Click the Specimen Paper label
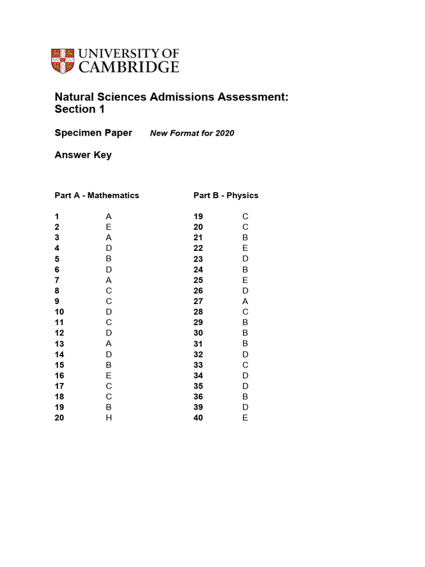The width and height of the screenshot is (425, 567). (93, 133)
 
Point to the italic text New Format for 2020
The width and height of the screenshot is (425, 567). (192, 133)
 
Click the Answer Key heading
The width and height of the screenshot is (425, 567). (83, 155)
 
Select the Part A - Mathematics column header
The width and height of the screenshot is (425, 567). (97, 195)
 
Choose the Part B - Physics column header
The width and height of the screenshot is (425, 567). (226, 195)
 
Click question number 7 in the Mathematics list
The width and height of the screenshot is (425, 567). (57, 280)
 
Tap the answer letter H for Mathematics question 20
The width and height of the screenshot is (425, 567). (109, 418)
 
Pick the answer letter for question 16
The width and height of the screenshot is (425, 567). (109, 375)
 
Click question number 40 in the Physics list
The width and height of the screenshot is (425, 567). (198, 418)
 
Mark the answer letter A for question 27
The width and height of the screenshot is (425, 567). (245, 301)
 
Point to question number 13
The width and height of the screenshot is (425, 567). (59, 344)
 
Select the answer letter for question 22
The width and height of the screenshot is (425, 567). (245, 248)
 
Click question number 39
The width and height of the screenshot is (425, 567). (198, 408)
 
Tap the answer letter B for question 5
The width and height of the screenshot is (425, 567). (109, 259)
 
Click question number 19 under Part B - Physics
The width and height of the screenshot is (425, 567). (198, 217)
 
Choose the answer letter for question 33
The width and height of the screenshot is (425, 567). (245, 365)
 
